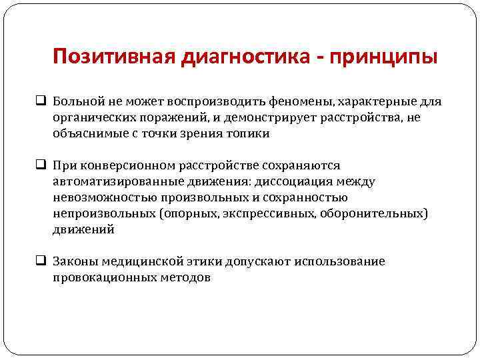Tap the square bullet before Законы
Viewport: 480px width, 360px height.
[41, 261]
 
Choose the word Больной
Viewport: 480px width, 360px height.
[79, 102]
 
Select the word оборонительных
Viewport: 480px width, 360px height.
[373, 213]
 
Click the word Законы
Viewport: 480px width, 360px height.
[77, 261]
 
